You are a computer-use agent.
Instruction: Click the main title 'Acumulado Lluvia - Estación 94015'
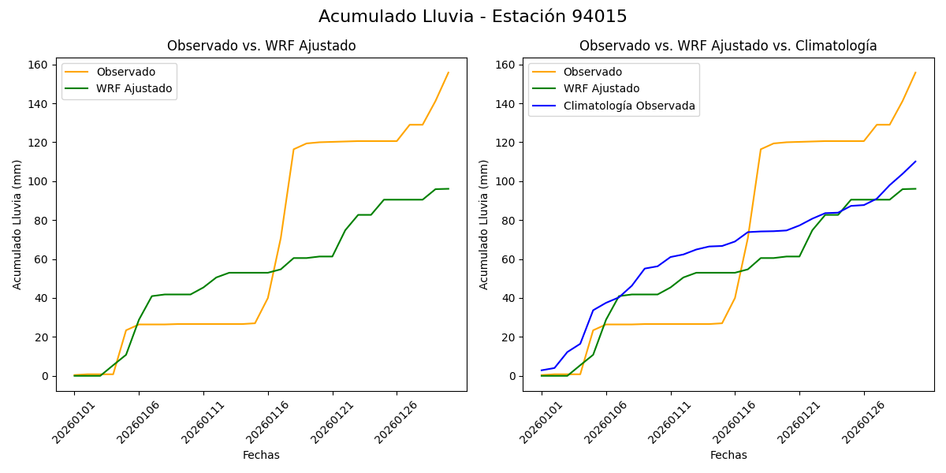click(x=473, y=17)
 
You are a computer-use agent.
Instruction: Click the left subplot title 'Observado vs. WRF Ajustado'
click(x=261, y=46)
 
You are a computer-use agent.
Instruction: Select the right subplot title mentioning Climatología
click(x=728, y=46)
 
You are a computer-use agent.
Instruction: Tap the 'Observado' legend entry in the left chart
click(x=125, y=73)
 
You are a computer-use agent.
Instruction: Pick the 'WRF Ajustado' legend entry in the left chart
click(x=134, y=88)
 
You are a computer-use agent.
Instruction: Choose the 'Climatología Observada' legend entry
click(x=628, y=106)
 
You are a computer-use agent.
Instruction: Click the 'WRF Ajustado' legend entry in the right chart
click(x=601, y=88)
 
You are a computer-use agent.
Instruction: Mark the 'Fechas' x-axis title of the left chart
click(x=261, y=455)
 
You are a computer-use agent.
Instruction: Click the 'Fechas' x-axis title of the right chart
click(x=728, y=455)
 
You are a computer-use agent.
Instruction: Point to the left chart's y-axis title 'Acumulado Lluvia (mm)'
click(x=17, y=224)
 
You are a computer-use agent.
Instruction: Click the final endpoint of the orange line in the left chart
click(x=448, y=73)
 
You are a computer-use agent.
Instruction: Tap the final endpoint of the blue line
click(x=915, y=162)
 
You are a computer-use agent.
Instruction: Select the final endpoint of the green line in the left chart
click(x=448, y=188)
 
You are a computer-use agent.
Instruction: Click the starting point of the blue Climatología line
click(x=542, y=371)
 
